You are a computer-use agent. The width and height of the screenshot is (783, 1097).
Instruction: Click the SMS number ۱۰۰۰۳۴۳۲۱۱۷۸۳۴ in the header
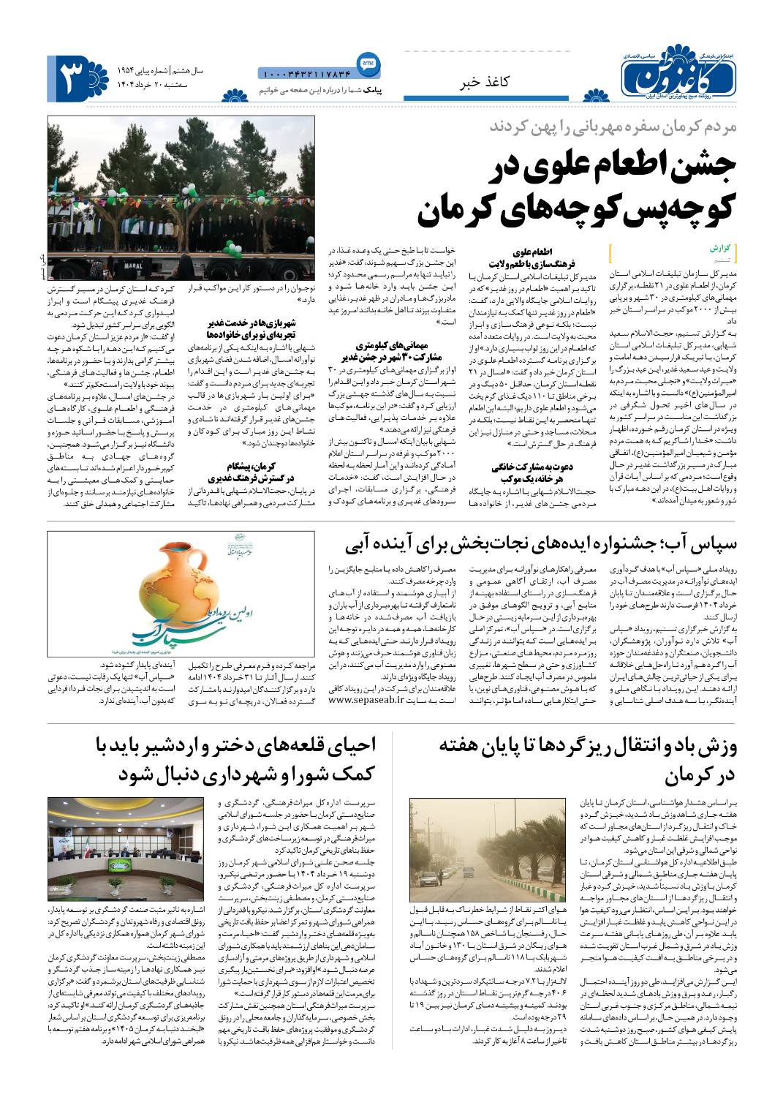(305, 73)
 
